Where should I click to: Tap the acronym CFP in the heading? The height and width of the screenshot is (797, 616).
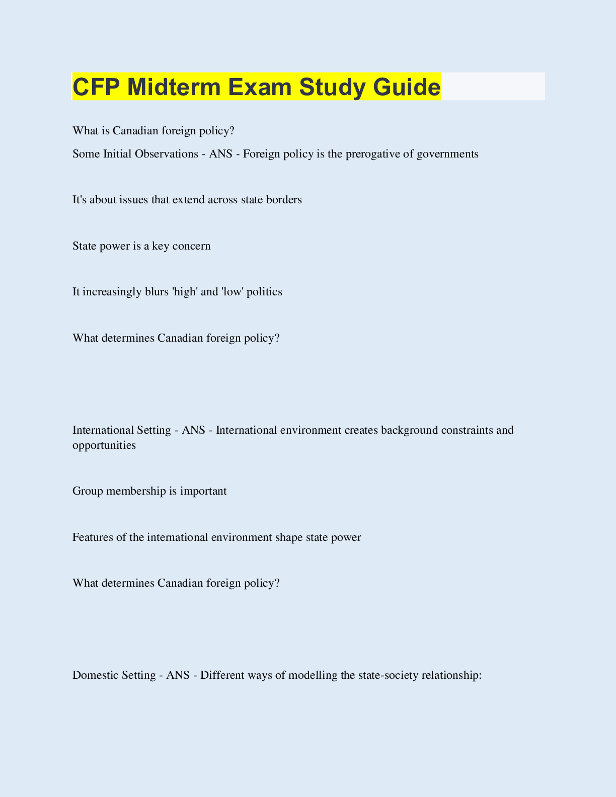[x=96, y=87]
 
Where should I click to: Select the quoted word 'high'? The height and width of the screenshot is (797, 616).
[x=185, y=292]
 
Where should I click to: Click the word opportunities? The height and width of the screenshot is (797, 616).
[x=104, y=445]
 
